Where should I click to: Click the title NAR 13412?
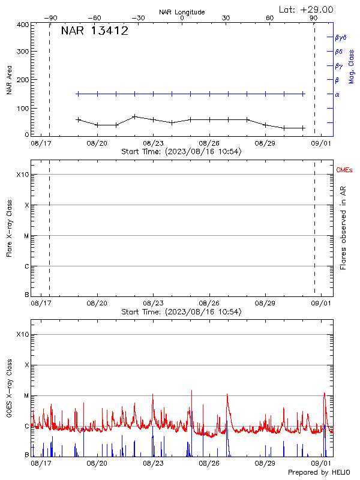pos(94,31)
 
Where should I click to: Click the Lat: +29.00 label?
pos(307,9)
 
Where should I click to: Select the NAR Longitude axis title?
pos(182,12)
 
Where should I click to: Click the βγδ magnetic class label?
pos(340,37)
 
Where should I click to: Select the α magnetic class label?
pos(337,94)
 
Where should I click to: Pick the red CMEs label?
pos(344,170)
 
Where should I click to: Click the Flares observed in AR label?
pos(343,227)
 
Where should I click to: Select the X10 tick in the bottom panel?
pos(22,334)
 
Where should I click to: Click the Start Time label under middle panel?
pos(181,312)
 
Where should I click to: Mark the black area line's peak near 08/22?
pos(134,116)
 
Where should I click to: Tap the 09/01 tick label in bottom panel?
pos(322,464)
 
